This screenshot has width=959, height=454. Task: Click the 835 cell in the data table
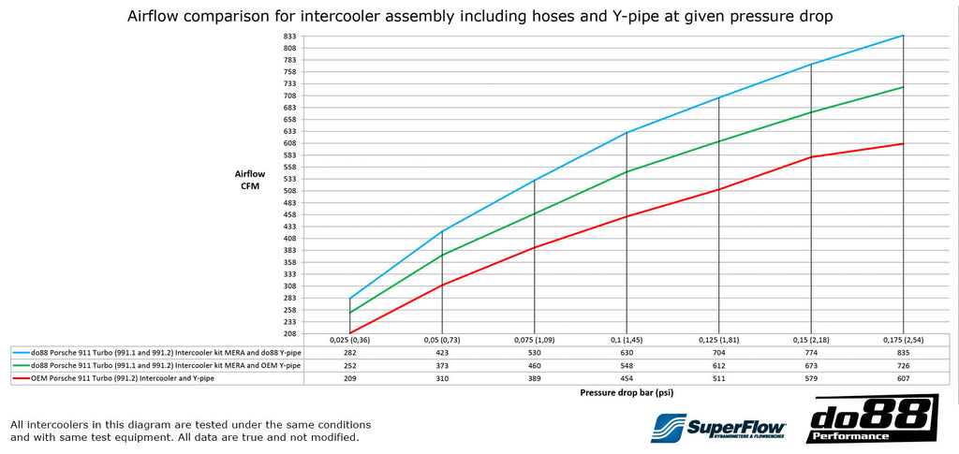[x=903, y=353]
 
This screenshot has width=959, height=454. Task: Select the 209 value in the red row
[x=350, y=379]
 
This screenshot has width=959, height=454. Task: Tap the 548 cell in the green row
[x=627, y=366]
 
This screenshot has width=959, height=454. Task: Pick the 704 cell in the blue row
[x=718, y=353]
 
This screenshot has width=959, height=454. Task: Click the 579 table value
[x=811, y=379]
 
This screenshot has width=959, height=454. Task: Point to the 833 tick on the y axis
[x=289, y=37]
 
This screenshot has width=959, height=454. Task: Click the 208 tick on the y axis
[x=289, y=334]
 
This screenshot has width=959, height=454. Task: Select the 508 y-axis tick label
[x=289, y=191]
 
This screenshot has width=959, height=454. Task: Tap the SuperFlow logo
[x=718, y=427]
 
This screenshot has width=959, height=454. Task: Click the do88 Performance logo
[x=872, y=418]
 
